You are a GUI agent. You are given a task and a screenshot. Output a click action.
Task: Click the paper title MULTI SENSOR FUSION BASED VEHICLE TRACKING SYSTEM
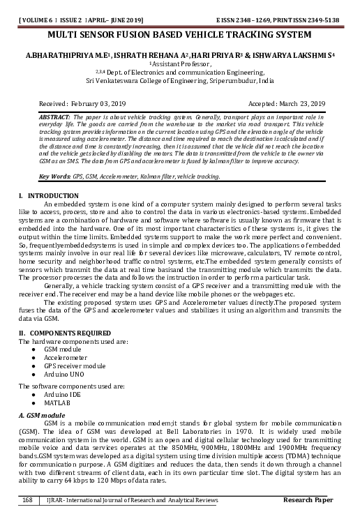[180, 33]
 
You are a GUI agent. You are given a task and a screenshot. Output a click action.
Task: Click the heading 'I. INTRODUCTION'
[48, 195]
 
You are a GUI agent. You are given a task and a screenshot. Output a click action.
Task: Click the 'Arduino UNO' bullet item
[63, 374]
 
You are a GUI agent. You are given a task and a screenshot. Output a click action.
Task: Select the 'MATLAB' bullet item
[57, 403]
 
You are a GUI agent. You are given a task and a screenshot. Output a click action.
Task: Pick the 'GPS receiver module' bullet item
[75, 365]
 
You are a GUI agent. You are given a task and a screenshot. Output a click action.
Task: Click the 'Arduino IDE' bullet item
[61, 395]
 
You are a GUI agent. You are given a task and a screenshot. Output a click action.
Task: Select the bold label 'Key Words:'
[55, 176]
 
